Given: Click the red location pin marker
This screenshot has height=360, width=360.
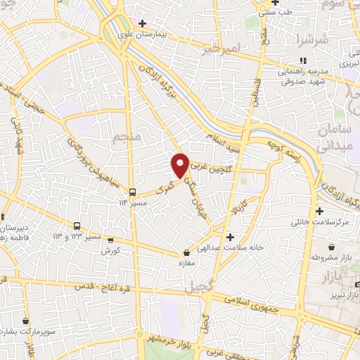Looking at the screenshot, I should [x=181, y=165].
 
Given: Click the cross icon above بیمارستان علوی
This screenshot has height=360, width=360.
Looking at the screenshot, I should [x=142, y=23].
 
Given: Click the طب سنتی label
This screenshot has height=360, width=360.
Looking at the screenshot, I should [x=276, y=12].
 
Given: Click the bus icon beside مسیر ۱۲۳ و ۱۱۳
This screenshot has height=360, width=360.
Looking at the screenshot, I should [x=77, y=226].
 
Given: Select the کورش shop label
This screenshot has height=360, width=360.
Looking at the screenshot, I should [x=110, y=250].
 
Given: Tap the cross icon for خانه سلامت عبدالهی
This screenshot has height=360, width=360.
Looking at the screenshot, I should [x=230, y=237].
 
